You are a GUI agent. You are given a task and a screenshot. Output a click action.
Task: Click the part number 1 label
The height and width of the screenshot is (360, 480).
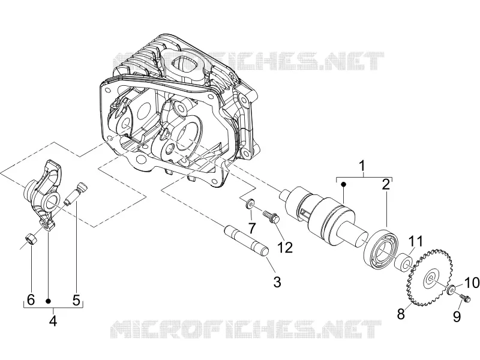[x=362, y=166]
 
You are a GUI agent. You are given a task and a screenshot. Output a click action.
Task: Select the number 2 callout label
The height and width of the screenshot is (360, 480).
[x=386, y=185]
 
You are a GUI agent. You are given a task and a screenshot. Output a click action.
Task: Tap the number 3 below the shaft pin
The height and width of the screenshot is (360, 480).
[x=277, y=282]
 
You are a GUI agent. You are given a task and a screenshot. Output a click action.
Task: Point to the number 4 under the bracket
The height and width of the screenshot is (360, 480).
[x=53, y=321]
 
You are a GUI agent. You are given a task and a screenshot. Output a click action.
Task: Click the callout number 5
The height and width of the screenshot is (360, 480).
[x=76, y=300]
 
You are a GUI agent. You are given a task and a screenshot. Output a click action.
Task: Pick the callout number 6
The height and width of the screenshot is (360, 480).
[x=31, y=300]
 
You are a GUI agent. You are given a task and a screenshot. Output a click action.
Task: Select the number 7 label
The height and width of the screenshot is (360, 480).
[x=251, y=228]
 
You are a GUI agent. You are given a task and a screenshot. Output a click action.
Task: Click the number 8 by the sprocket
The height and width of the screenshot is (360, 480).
[x=401, y=314]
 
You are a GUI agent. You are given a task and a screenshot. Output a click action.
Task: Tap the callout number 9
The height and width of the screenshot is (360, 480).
[x=457, y=316]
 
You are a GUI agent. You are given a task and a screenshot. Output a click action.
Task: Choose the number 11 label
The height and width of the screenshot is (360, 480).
[x=415, y=242]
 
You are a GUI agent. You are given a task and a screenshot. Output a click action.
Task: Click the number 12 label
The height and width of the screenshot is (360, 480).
[x=285, y=247]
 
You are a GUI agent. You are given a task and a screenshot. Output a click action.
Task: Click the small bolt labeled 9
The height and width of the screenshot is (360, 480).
[x=464, y=298]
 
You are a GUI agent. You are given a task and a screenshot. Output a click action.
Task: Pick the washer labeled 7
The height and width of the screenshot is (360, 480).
[x=250, y=203]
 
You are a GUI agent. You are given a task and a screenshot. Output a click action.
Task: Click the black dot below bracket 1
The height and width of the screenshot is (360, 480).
[x=343, y=184]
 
